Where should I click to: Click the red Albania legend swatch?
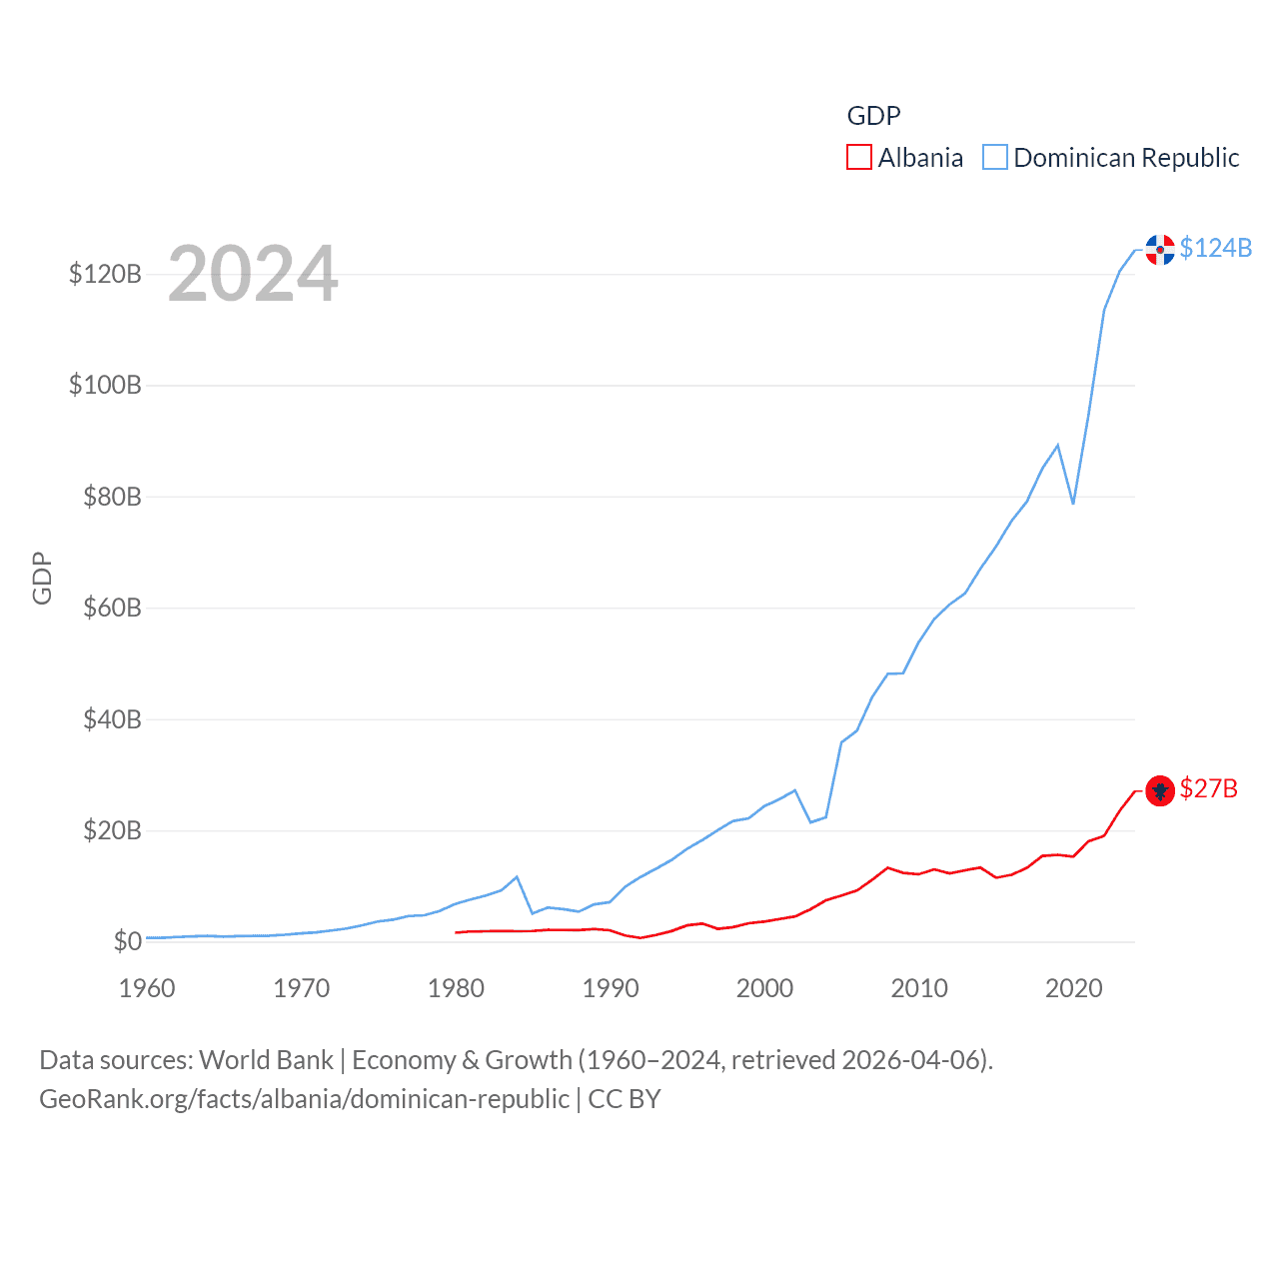point(859,158)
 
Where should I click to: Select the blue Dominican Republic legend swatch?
point(995,158)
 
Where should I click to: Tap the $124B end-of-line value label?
point(1215,248)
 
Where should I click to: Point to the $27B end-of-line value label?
point(1208,789)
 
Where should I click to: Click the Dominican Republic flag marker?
point(1160,250)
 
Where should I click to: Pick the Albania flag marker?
point(1160,791)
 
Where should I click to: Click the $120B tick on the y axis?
point(105,275)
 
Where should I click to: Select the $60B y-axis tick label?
point(112,609)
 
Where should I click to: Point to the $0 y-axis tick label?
point(127,942)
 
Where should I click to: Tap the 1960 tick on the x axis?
point(147,989)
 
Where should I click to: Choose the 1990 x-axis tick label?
point(611,989)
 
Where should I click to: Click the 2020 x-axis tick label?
point(1074,989)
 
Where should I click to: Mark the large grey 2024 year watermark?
point(253,274)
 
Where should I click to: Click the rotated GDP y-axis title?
point(42,578)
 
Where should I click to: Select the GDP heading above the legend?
point(873,116)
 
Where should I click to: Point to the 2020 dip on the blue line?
point(1073,503)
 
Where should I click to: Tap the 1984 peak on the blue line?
point(517,877)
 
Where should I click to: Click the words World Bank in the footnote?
point(267,1059)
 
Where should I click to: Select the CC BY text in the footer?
point(625,1099)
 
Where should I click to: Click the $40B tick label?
point(112,719)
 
